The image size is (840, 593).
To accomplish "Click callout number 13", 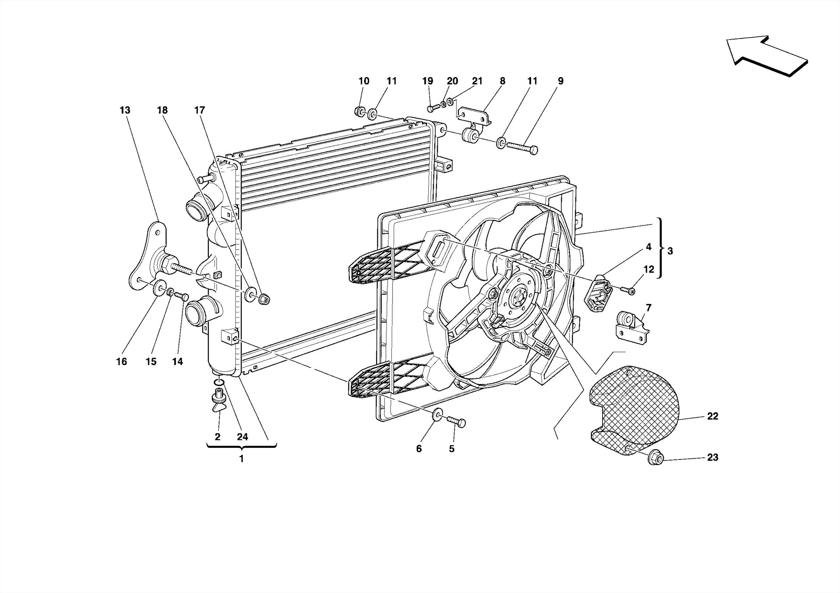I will (125, 110).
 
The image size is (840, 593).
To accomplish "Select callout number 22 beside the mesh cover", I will (712, 416).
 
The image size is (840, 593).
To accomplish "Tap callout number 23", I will (712, 457).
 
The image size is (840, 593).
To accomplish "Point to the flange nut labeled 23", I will (655, 458).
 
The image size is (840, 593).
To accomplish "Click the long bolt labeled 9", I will (522, 147).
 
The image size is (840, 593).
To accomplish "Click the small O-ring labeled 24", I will (219, 383).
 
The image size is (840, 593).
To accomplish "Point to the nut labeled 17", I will (264, 299).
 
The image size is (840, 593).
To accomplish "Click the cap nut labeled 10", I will (359, 111).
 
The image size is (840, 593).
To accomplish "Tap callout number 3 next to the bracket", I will (670, 251).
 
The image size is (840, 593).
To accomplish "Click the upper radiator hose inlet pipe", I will (196, 208).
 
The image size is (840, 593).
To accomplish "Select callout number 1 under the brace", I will (242, 459).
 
